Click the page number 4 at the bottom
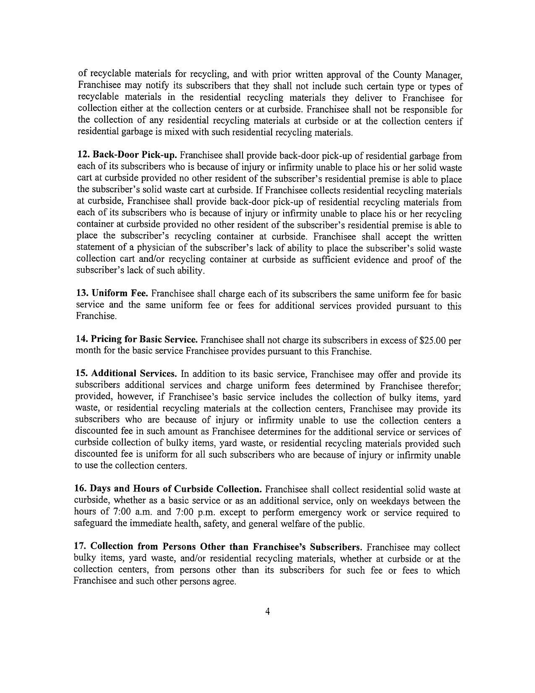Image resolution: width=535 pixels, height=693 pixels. point(267,611)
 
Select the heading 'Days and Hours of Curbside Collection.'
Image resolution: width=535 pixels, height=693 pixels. point(176,489)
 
